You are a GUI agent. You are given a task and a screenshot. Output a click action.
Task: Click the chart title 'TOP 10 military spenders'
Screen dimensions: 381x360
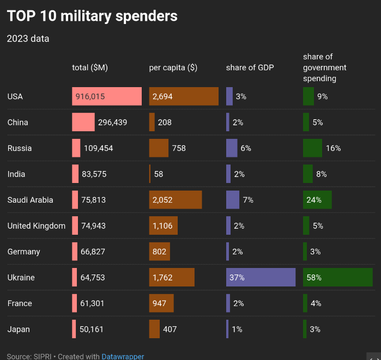(x=92, y=16)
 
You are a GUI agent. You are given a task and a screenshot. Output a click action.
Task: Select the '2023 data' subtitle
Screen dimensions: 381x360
(x=28, y=39)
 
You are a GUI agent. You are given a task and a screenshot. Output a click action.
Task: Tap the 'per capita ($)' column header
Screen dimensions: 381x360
(x=173, y=68)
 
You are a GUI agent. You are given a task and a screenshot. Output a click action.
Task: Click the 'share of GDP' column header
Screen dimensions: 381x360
(x=250, y=68)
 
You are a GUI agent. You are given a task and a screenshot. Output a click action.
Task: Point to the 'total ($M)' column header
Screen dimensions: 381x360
(x=90, y=68)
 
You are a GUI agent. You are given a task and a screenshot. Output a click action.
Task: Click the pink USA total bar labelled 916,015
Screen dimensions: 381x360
(x=107, y=96)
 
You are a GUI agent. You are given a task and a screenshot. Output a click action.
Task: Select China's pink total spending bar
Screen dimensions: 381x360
(x=83, y=122)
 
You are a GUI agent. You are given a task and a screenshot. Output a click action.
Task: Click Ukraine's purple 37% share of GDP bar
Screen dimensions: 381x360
(x=261, y=277)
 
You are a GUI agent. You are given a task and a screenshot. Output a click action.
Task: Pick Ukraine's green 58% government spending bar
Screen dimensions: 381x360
(x=338, y=277)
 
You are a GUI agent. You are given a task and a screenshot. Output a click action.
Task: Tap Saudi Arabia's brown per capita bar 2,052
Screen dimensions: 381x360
(x=176, y=200)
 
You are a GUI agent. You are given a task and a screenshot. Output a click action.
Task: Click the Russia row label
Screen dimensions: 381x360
(x=20, y=148)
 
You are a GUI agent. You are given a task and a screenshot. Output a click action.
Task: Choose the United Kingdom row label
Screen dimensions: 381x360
(x=37, y=226)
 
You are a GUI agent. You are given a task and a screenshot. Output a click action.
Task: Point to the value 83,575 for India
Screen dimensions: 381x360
(x=94, y=174)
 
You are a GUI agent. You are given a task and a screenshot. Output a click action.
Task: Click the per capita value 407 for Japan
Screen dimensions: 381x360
(x=170, y=329)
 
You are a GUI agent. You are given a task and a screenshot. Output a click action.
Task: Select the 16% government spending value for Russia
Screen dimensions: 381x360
(x=333, y=148)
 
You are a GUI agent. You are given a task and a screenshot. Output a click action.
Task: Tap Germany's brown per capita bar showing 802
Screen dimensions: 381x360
(x=159, y=252)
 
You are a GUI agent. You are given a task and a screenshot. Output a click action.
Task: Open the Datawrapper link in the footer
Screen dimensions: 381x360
(x=123, y=356)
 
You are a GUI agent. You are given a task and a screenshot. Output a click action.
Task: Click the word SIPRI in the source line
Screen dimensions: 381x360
(x=43, y=356)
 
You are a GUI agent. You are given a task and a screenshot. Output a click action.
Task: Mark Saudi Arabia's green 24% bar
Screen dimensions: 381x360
(x=317, y=200)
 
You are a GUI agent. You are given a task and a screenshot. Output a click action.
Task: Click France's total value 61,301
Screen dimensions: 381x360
(x=92, y=303)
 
